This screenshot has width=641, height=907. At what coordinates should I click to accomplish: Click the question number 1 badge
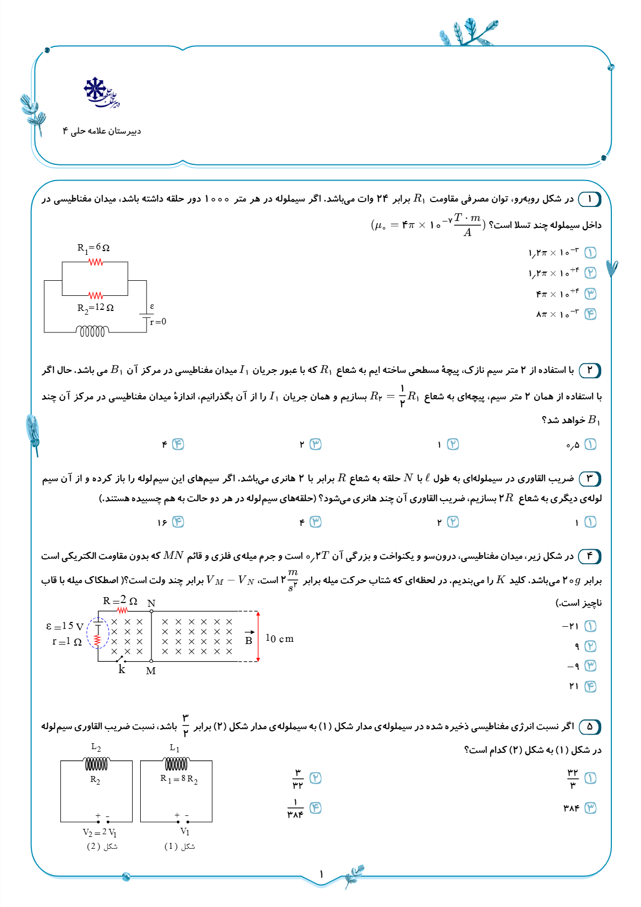point(589,199)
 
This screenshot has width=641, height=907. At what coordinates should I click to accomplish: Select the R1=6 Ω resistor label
point(93,248)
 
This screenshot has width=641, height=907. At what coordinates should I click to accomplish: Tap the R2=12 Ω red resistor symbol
point(95,295)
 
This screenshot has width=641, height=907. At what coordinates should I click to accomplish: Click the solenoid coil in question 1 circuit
point(93,331)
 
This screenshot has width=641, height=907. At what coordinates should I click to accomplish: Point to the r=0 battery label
point(158,322)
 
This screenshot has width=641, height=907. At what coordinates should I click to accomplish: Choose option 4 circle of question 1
point(591,314)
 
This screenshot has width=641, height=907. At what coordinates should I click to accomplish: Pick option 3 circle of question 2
point(315,444)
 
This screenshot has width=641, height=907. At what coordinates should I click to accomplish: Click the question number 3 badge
point(589,479)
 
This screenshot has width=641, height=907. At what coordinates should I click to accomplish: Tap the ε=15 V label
point(65,626)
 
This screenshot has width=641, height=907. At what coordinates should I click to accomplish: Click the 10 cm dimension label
point(279,639)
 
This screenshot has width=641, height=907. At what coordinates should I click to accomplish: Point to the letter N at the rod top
point(151,604)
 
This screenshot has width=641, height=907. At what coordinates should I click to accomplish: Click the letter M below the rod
point(151,671)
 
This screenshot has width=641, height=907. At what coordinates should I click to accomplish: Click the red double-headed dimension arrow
point(258,636)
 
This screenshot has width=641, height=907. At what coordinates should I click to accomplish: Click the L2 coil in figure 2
point(97,764)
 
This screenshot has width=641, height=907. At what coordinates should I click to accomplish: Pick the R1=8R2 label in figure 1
point(179,779)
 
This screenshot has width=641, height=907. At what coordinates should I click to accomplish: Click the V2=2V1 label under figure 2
point(100,833)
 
